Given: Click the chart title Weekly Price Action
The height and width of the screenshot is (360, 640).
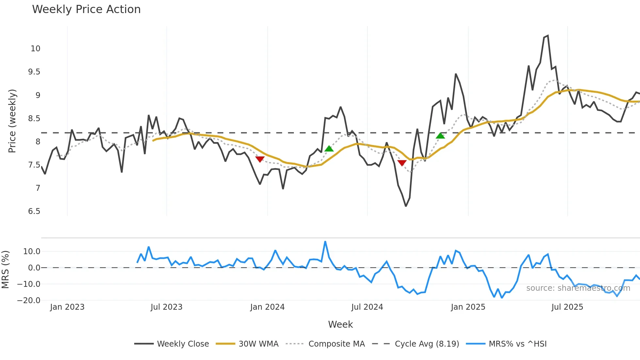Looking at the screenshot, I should (86, 9).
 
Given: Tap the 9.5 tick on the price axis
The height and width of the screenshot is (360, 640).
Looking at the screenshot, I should (34, 72).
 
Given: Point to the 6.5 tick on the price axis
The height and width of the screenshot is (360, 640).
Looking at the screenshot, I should (34, 211).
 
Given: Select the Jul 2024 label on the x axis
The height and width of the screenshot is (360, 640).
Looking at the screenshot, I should (367, 307).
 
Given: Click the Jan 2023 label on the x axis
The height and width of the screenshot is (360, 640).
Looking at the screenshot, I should (67, 307).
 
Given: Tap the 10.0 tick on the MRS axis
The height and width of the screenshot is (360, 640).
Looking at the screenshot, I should (32, 252).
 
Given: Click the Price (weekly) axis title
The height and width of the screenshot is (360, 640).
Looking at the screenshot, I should (12, 121).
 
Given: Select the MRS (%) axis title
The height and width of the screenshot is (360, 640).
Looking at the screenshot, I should (6, 270).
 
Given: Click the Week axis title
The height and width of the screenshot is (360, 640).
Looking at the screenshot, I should (340, 324).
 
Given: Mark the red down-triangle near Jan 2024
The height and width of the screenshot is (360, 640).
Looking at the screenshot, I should (260, 159).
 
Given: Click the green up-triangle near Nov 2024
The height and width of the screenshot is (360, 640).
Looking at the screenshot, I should (440, 136).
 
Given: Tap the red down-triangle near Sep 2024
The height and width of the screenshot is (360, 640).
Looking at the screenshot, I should (402, 163).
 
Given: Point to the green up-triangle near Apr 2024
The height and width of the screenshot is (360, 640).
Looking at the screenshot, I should (329, 149).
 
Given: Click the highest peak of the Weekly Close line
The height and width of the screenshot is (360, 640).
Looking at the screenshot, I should (548, 36).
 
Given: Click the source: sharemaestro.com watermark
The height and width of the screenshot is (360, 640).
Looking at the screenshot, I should (578, 288).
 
